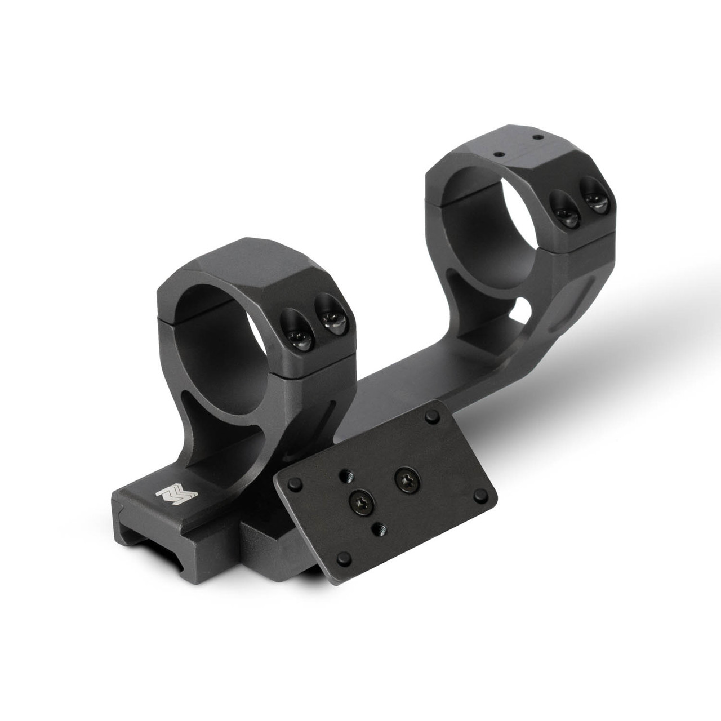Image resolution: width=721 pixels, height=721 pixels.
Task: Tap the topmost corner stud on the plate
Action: tap(432, 418)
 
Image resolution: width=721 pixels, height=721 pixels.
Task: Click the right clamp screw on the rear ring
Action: tap(593, 202)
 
